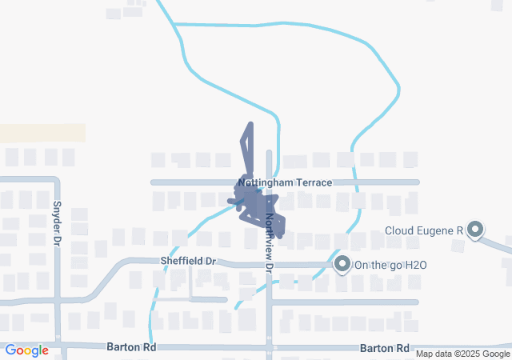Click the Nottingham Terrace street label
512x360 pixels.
(x=285, y=182)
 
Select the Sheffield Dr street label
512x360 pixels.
(x=189, y=261)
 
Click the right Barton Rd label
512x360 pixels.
(x=385, y=348)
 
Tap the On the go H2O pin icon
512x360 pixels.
(x=342, y=263)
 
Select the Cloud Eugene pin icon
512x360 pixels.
(x=475, y=230)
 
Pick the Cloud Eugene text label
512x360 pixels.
(x=423, y=231)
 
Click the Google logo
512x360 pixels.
(x=26, y=350)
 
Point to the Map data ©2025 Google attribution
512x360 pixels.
(x=462, y=354)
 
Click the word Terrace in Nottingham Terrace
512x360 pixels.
(x=314, y=182)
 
